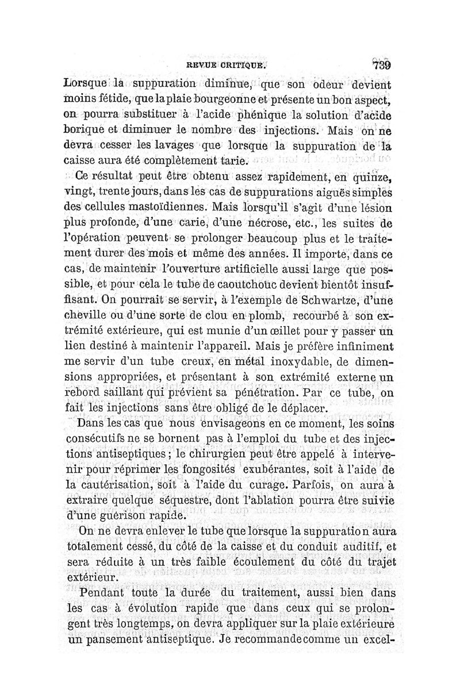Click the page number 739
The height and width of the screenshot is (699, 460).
382,64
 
